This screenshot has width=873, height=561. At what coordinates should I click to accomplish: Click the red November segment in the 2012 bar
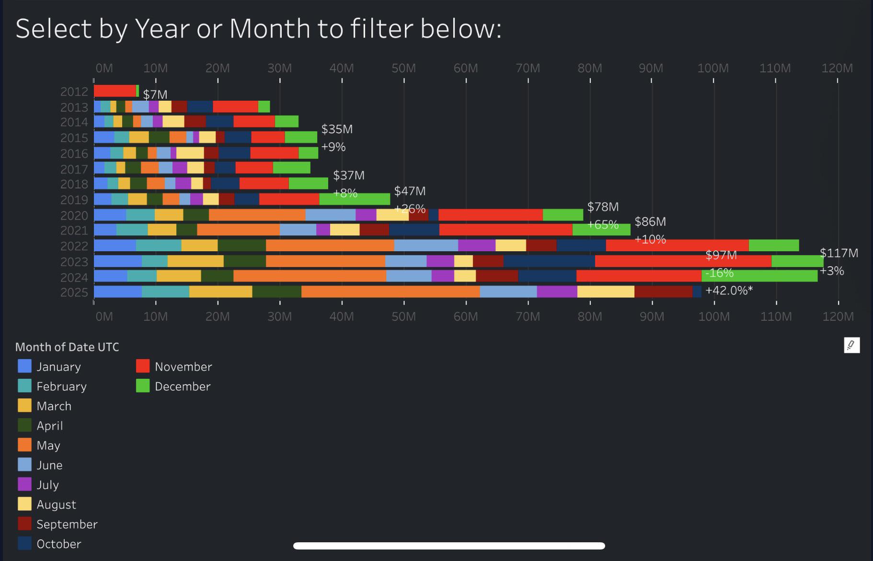pos(115,91)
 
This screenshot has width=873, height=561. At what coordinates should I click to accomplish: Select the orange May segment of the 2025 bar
pos(390,292)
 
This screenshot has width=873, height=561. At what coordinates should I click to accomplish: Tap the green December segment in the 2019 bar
pos(355,199)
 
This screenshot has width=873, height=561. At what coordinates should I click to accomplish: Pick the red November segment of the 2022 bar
pos(677,245)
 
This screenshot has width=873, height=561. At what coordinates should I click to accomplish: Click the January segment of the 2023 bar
pos(117,261)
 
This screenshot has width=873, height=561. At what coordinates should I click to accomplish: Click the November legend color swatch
pos(143,366)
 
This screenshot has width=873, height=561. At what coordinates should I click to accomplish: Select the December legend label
pos(183,386)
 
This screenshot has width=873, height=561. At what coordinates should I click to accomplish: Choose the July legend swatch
pos(24,484)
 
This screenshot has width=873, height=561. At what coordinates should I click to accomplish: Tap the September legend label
pos(67,524)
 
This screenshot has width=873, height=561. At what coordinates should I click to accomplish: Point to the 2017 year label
pos(74,169)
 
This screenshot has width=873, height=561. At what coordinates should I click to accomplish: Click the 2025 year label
pos(74,292)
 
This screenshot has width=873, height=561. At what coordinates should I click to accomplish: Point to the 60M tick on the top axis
pos(466,68)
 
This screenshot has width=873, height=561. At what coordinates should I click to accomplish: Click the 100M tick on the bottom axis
pos(714,316)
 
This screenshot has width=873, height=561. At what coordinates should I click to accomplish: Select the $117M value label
pos(839,253)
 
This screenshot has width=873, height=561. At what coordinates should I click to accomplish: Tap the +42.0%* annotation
pos(729,291)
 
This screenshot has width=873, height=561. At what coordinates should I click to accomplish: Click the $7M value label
pos(155,94)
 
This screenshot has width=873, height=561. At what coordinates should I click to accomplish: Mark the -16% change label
pos(719,273)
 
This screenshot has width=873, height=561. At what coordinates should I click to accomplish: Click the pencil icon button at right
pos(851,345)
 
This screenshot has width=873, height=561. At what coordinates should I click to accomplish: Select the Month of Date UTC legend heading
pos(67,347)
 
